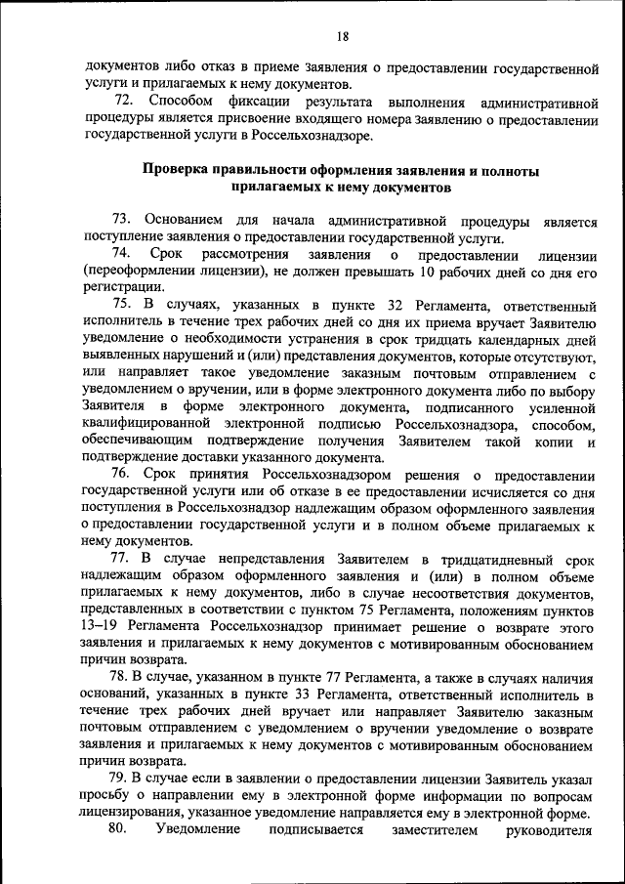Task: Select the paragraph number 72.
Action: coord(123,102)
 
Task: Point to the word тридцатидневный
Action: coord(489,559)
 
